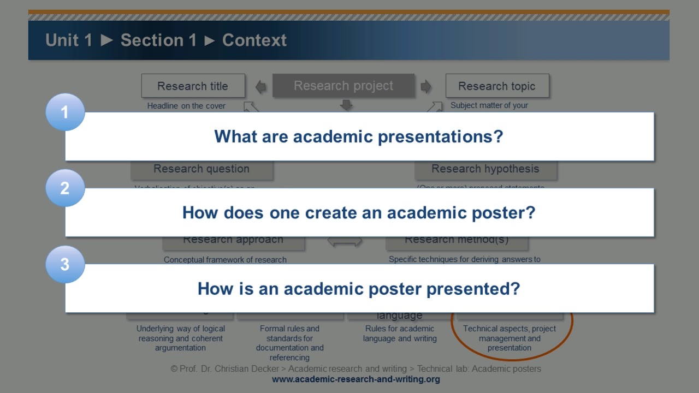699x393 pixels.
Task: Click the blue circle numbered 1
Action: pos(65,112)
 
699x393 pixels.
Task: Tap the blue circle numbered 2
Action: pos(65,188)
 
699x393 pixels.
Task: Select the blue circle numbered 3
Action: pos(65,265)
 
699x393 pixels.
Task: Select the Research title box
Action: pos(193,86)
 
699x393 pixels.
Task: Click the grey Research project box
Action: pos(343,86)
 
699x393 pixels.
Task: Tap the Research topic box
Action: pos(497,86)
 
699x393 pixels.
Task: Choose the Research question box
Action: pos(202,169)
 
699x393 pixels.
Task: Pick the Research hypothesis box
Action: pos(485,169)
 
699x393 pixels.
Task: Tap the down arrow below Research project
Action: pos(346,104)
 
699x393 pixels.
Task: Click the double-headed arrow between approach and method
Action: pos(345,241)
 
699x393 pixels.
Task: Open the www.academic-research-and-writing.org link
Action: pos(356,379)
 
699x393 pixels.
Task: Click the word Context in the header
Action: pos(254,40)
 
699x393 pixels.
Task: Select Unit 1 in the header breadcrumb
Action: pos(69,40)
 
